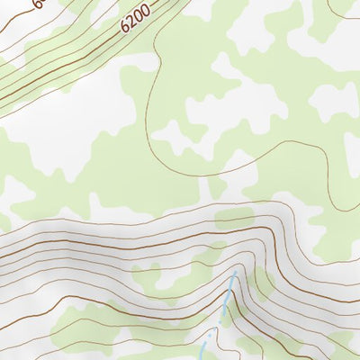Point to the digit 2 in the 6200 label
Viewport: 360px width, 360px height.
pos(131,22)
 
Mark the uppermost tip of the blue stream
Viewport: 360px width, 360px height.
pos(236,272)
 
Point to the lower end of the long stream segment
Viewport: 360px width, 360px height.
pos(220,322)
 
